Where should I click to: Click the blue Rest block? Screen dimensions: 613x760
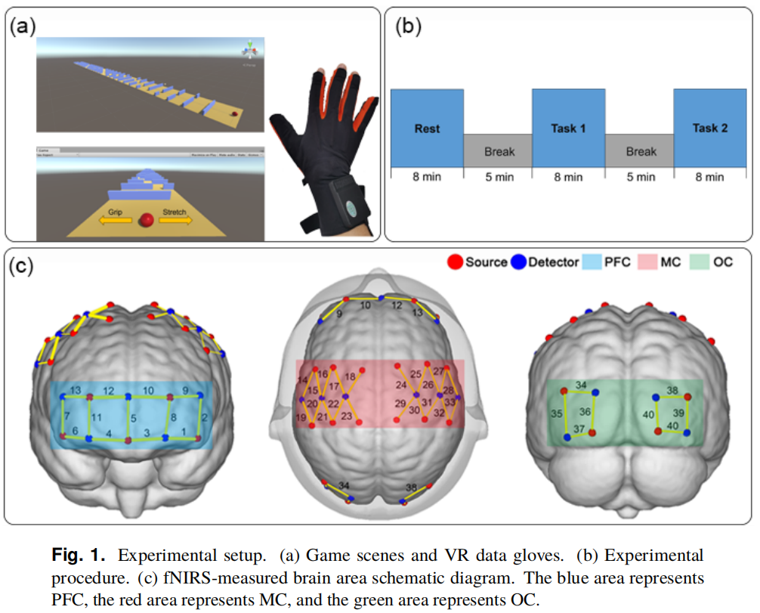point(427,128)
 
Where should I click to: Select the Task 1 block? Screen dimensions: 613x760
point(568,128)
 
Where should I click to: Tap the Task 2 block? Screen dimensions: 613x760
point(709,128)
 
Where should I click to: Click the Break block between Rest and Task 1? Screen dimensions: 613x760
point(498,151)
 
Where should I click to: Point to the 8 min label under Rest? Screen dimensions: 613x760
point(427,177)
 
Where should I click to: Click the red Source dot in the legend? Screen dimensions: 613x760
point(455,262)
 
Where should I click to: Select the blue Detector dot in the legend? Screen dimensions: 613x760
point(519,262)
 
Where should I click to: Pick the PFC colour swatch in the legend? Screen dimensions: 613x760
point(592,262)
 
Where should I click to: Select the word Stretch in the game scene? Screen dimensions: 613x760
point(175,213)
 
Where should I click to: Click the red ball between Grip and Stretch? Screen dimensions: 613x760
point(148,220)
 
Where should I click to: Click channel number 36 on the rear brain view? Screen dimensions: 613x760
point(584,412)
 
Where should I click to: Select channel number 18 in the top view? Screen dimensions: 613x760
point(350,376)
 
